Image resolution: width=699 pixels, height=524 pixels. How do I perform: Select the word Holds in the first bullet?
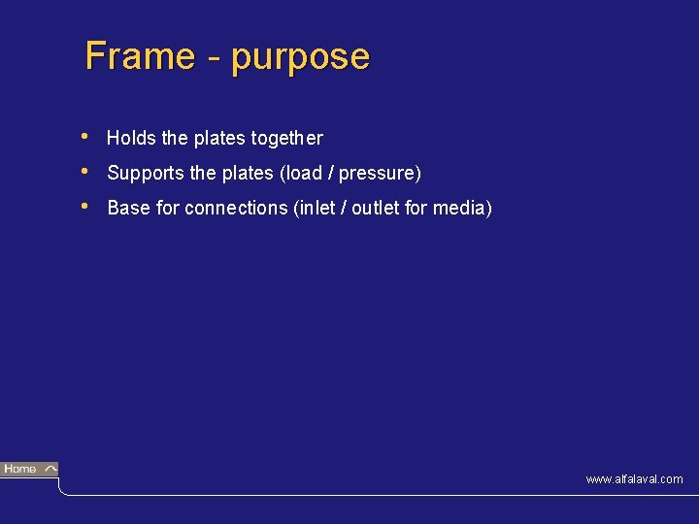click(x=131, y=139)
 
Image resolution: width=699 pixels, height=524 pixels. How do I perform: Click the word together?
click(x=286, y=139)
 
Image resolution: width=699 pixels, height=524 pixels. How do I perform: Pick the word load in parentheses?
click(x=300, y=174)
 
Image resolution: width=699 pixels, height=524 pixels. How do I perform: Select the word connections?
click(x=236, y=209)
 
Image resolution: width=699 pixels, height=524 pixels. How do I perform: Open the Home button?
click(x=29, y=470)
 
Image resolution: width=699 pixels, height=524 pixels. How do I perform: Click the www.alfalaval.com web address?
click(x=634, y=479)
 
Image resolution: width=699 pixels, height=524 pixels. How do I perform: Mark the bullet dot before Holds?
click(x=87, y=136)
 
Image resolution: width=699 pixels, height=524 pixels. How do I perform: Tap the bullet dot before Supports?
click(x=87, y=171)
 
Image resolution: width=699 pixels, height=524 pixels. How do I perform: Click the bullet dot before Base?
click(x=87, y=206)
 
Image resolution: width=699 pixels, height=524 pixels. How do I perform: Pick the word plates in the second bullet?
click(x=248, y=174)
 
